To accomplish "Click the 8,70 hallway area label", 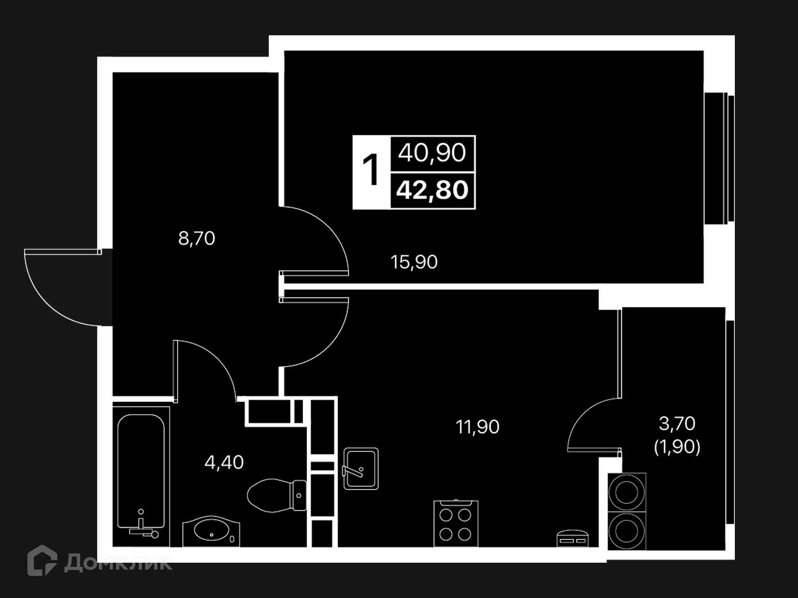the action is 197,238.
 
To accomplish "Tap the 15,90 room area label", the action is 414,262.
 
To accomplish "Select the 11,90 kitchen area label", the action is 478,426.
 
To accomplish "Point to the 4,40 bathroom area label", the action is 224,462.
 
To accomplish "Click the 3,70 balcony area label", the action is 677,424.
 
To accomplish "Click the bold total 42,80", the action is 432,190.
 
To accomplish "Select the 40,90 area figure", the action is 432,152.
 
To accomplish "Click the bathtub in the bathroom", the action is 141,476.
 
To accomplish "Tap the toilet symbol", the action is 277,495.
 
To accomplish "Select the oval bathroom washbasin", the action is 211,531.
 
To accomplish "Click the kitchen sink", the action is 361,468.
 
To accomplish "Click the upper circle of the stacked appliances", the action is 626,492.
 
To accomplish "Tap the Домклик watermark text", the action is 118,563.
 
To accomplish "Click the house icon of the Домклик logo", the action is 42,560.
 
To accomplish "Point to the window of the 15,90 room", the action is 719,158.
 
